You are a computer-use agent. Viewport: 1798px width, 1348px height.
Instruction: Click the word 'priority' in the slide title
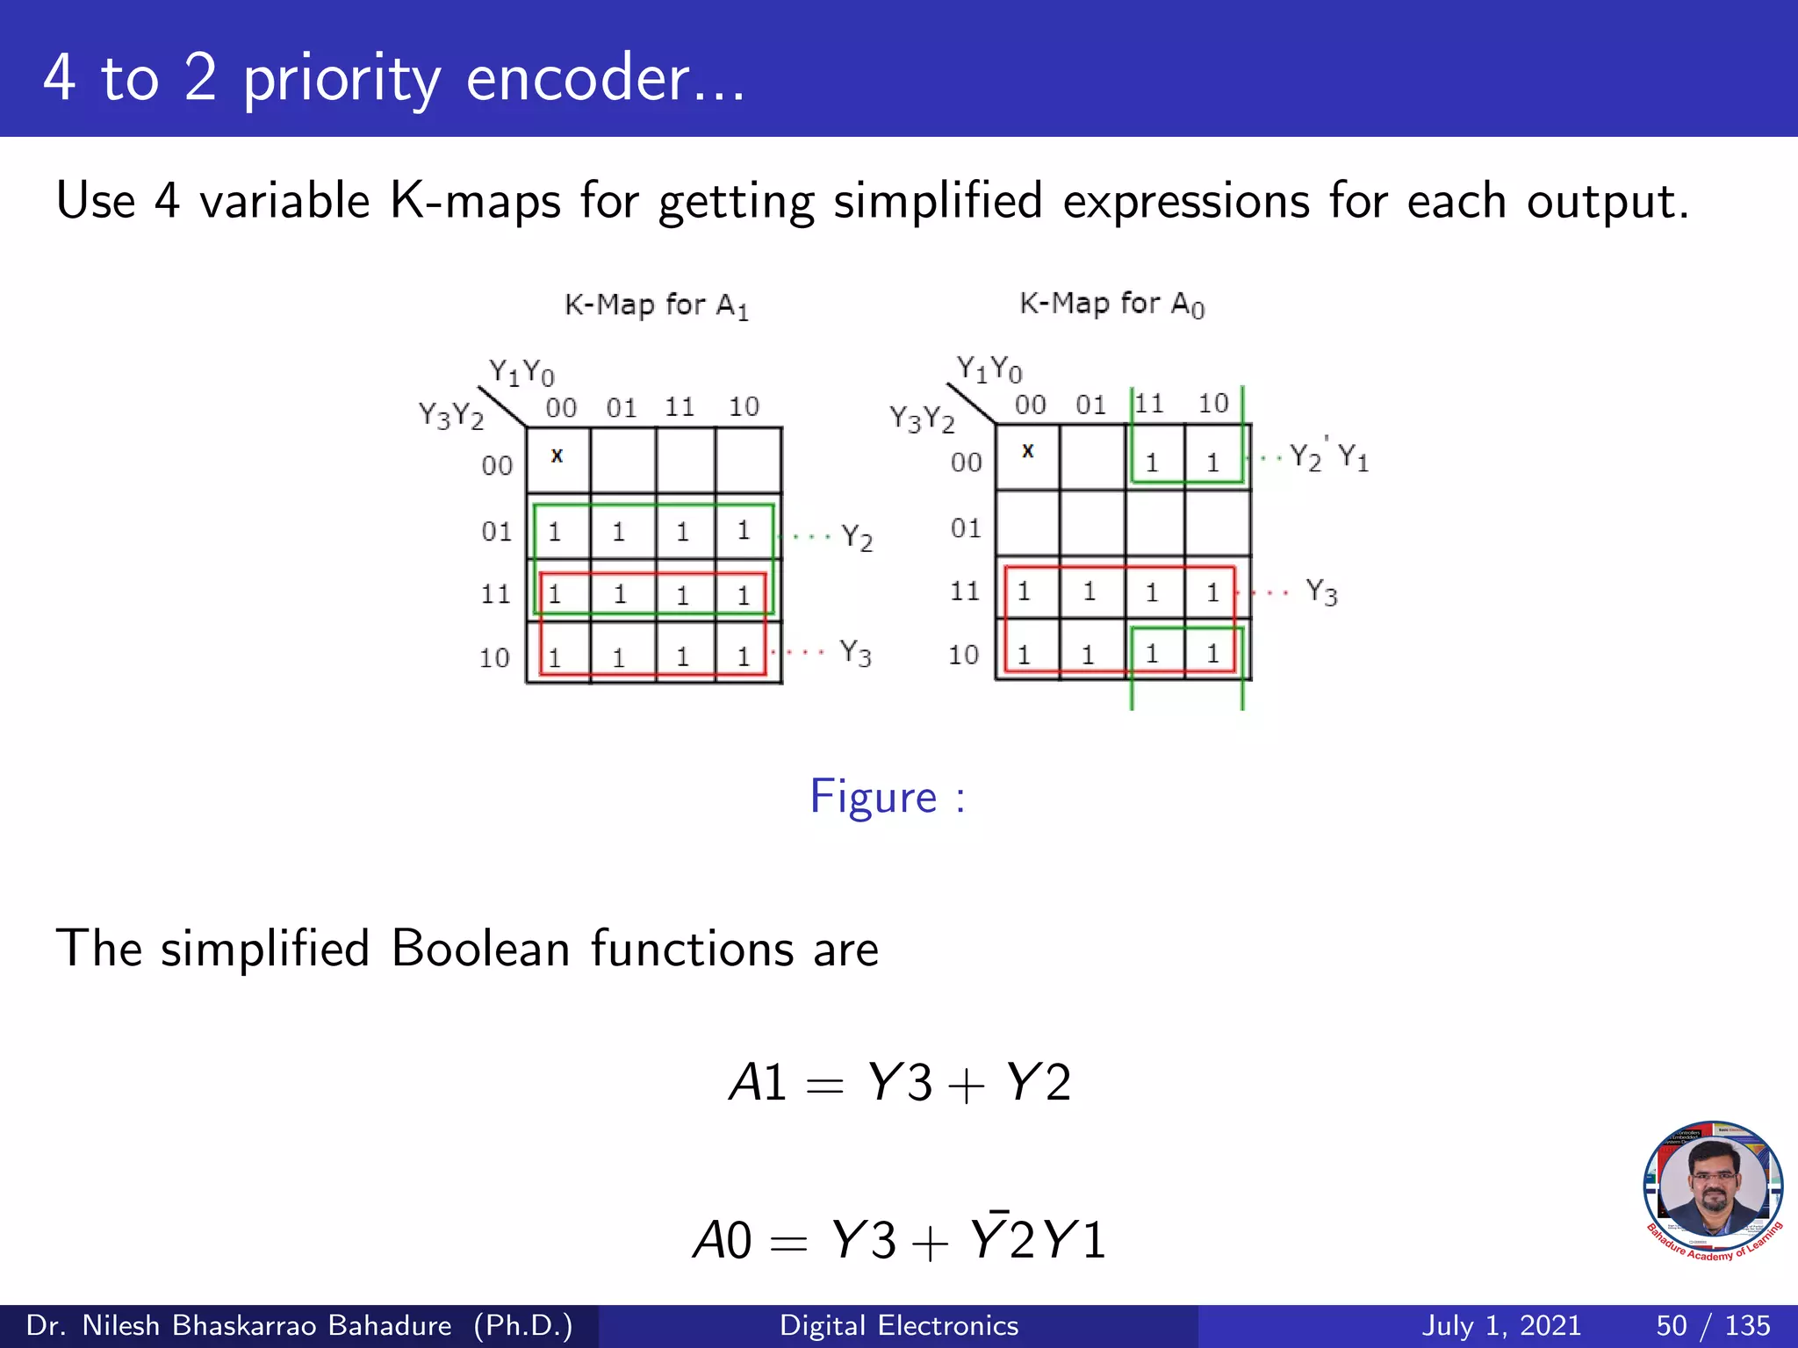click(x=342, y=79)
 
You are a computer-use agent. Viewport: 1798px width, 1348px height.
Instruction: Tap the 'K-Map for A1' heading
click(x=656, y=305)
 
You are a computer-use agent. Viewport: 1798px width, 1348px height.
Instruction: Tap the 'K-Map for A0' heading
click(x=1111, y=304)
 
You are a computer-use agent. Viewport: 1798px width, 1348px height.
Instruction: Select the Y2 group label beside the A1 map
click(x=857, y=537)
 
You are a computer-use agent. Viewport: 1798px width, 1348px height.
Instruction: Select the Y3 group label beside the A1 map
click(x=855, y=653)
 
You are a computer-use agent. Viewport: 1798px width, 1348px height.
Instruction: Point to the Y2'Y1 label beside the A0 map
click(x=1328, y=457)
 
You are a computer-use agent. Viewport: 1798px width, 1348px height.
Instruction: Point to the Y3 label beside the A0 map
click(x=1321, y=592)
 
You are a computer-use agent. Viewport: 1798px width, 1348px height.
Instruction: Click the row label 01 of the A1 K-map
click(x=496, y=532)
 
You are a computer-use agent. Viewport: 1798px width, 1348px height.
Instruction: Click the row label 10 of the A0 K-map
click(x=963, y=655)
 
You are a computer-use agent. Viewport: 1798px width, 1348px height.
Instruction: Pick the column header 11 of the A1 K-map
click(x=680, y=407)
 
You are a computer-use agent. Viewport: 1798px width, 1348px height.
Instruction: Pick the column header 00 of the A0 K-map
click(x=1030, y=405)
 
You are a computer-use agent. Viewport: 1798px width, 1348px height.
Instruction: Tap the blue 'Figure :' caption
click(x=887, y=797)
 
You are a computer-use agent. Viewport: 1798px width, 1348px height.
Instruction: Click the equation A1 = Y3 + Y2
click(x=899, y=1082)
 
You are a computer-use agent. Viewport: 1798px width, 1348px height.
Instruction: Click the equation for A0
click(x=899, y=1239)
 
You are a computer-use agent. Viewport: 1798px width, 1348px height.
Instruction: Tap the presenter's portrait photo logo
click(x=1713, y=1190)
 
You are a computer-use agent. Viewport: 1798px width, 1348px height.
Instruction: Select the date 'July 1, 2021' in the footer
click(x=1500, y=1325)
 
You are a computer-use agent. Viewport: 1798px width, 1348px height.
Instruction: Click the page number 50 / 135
click(x=1712, y=1325)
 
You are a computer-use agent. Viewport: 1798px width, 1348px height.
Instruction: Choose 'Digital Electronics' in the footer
click(x=899, y=1325)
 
